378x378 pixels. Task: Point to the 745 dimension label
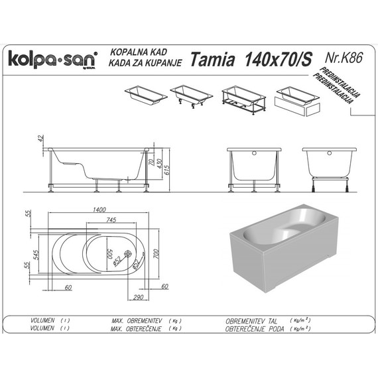(x=111, y=220)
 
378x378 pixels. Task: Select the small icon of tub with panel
(x=296, y=97)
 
